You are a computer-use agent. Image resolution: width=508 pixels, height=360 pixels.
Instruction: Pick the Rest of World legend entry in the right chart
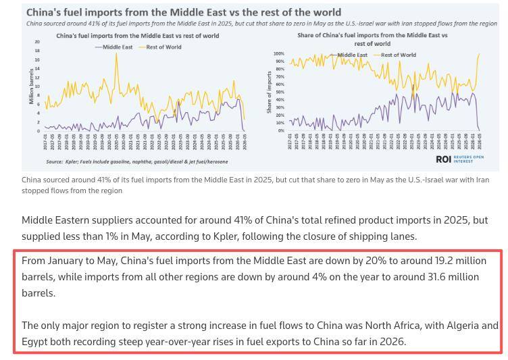click(x=399, y=55)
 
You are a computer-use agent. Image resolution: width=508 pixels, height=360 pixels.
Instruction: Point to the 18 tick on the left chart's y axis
click(x=36, y=51)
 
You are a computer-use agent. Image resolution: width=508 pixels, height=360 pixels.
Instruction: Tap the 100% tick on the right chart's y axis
click(x=279, y=53)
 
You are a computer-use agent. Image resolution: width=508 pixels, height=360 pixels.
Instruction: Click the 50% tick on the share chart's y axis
click(x=280, y=92)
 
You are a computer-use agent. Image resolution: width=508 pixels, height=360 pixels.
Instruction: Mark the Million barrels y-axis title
click(x=31, y=86)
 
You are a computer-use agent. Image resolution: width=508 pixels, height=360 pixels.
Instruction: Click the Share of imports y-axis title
click(x=270, y=92)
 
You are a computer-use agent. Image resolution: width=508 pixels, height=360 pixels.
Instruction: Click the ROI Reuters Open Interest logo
click(x=463, y=159)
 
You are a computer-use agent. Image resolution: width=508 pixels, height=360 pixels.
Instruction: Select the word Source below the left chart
click(x=55, y=162)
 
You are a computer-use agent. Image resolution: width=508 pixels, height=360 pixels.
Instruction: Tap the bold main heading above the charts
click(x=184, y=12)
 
